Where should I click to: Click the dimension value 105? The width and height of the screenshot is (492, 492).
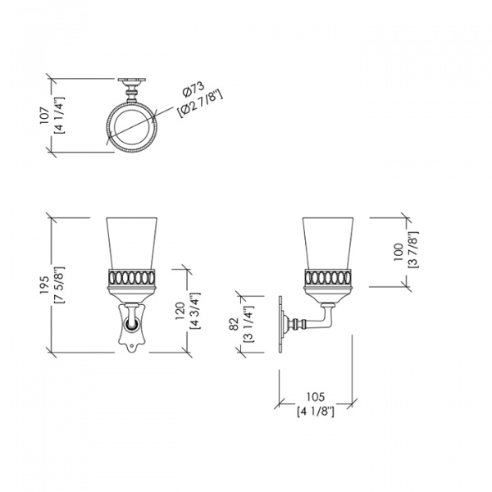coord(316,400)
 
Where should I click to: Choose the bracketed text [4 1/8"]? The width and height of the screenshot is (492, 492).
coord(316,413)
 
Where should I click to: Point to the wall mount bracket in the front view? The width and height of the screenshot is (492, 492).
coord(131,326)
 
